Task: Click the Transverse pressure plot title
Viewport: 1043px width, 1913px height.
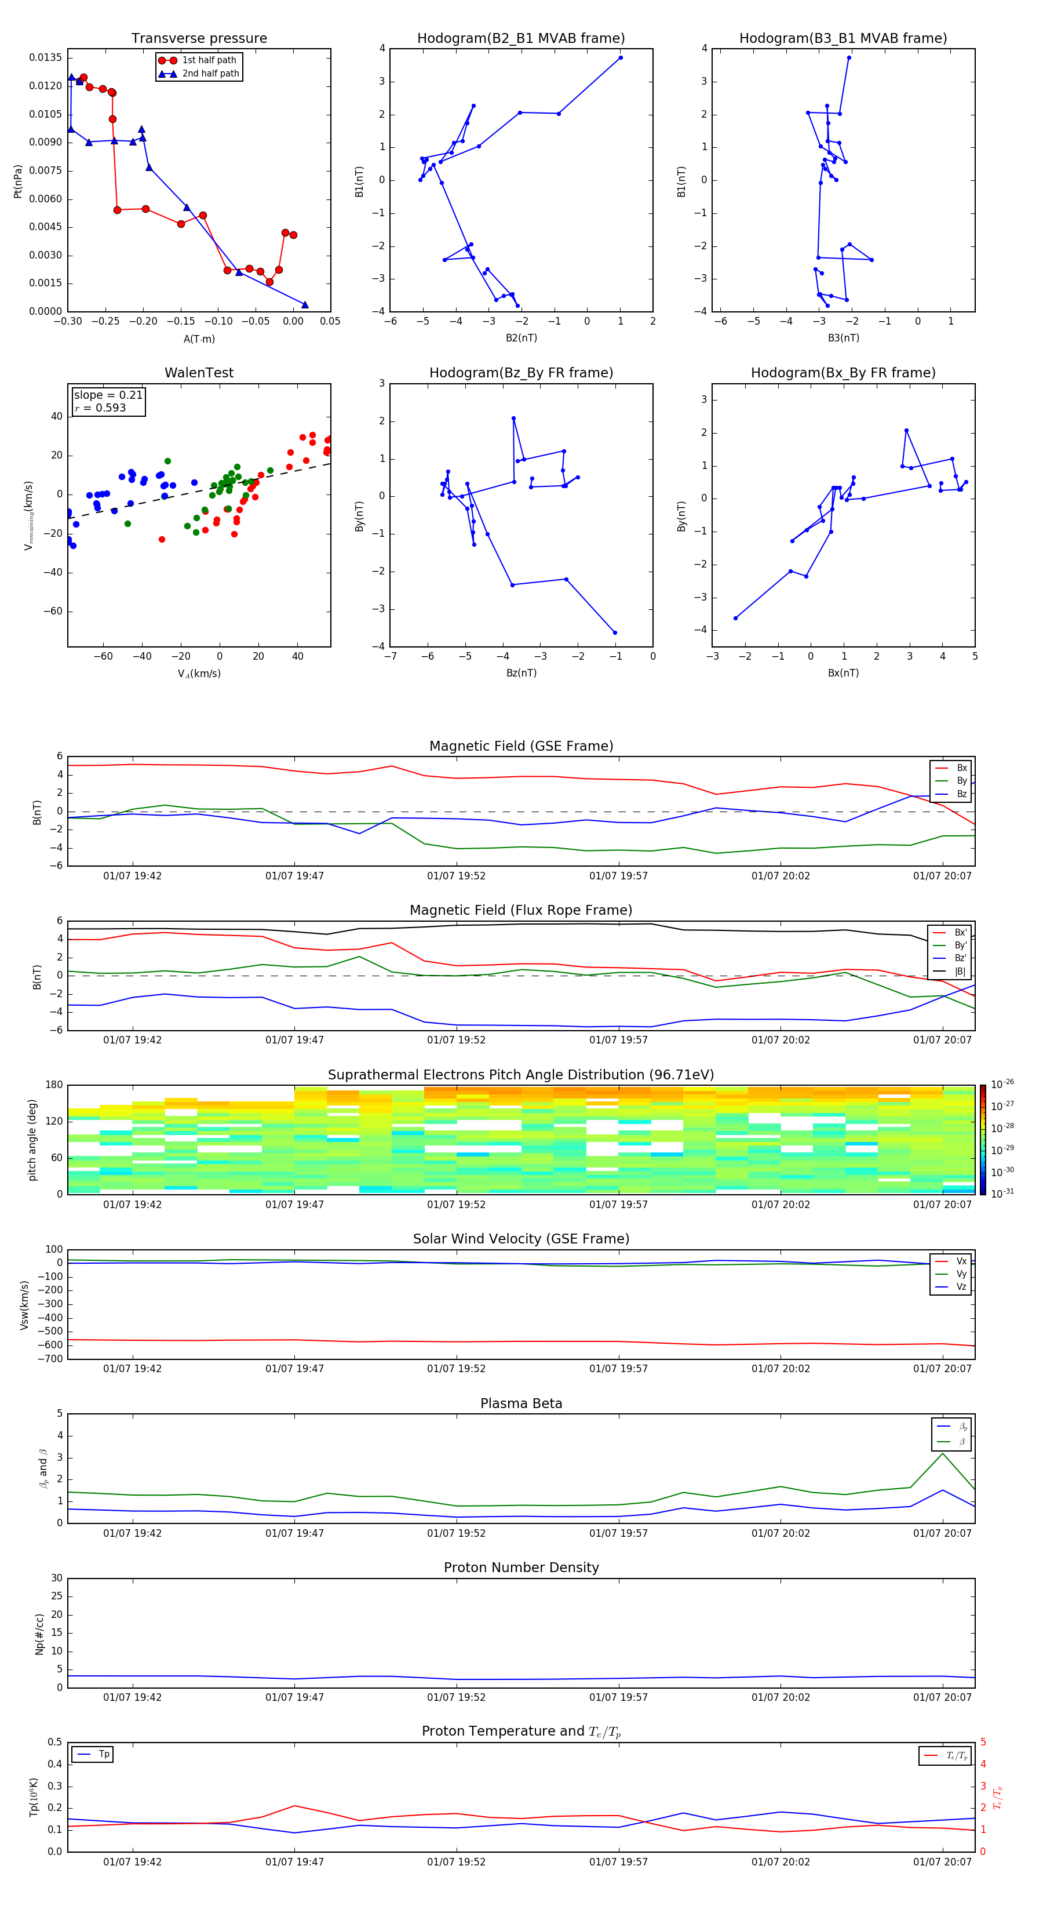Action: [x=199, y=39]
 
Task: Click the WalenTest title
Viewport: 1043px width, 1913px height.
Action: [x=199, y=373]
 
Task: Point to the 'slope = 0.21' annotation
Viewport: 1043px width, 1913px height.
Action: [x=108, y=395]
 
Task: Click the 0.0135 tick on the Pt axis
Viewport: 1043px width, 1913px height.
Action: [x=46, y=58]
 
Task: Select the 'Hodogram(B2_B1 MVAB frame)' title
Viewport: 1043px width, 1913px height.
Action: [x=520, y=39]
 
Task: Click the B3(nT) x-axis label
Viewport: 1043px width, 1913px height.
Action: [x=843, y=338]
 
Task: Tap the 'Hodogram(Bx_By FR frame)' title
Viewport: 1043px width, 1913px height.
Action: [x=843, y=373]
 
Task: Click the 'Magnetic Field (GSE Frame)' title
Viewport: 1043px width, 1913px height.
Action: [x=521, y=746]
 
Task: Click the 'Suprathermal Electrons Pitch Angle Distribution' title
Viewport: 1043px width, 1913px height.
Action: [x=520, y=1075]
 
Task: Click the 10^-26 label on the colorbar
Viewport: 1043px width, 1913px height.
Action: [x=1002, y=1084]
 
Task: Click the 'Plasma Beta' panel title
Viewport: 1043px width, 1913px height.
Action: [x=521, y=1403]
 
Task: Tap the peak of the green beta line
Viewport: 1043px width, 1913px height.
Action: [x=943, y=1453]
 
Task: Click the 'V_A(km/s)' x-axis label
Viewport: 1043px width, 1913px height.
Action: [x=199, y=674]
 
